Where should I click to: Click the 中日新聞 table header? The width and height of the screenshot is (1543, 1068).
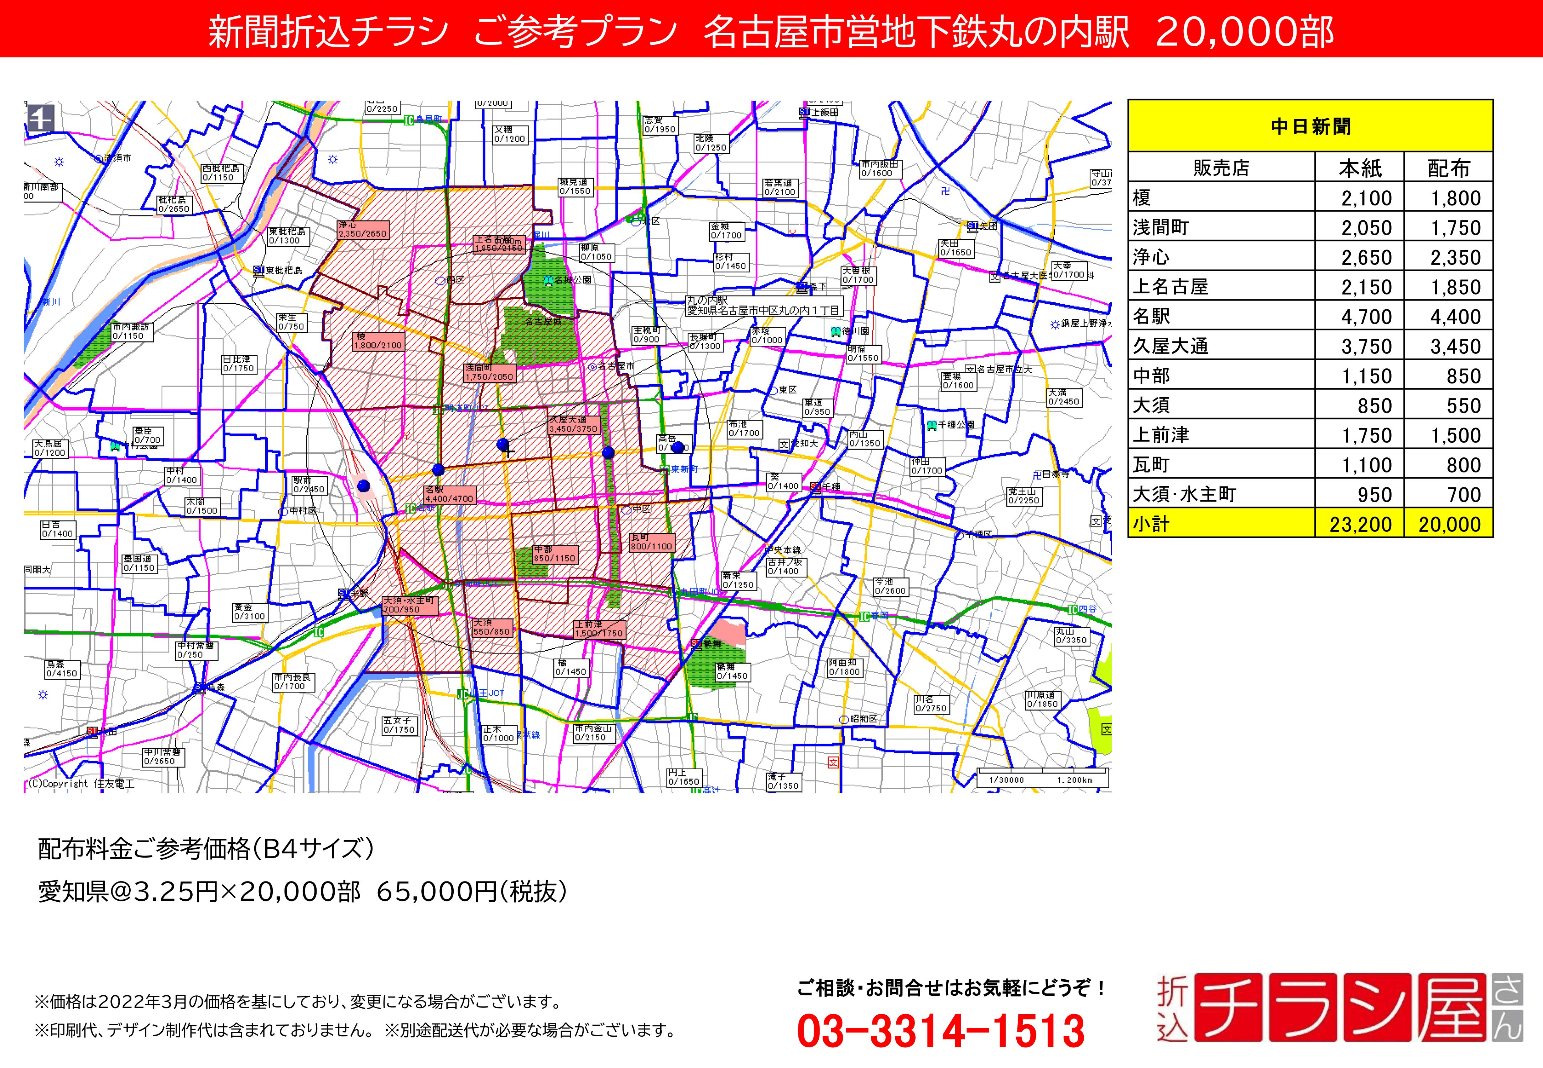pos(1310,126)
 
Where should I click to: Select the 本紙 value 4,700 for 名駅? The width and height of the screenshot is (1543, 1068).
pos(1366,316)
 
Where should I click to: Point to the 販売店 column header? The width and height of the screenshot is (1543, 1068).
pos(1221,168)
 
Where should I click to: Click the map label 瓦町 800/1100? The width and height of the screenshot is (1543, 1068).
pos(651,542)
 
